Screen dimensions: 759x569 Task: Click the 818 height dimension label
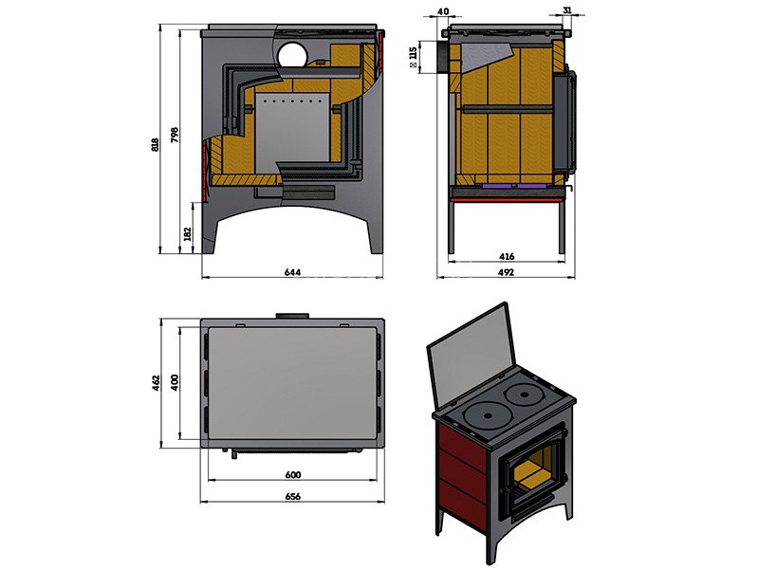pyautogui.click(x=156, y=145)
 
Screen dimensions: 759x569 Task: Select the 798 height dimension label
pyautogui.click(x=175, y=135)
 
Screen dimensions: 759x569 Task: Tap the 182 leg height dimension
pyautogui.click(x=188, y=234)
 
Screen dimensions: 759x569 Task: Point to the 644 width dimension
pyautogui.click(x=292, y=272)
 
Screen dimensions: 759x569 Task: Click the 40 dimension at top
pyautogui.click(x=443, y=11)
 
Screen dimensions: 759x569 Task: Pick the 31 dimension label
pyautogui.click(x=567, y=9)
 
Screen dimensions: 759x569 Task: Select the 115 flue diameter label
pyautogui.click(x=413, y=56)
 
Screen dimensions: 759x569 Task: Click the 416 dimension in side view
pyautogui.click(x=507, y=256)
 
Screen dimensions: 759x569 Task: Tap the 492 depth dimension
pyautogui.click(x=506, y=272)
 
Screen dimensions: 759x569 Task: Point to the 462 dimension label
pyautogui.click(x=156, y=383)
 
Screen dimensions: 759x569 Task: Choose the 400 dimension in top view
pyautogui.click(x=175, y=382)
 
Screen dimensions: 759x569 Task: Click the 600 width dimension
pyautogui.click(x=293, y=475)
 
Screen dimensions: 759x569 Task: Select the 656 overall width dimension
pyautogui.click(x=293, y=496)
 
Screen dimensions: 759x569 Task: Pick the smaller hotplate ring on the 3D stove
pyautogui.click(x=524, y=393)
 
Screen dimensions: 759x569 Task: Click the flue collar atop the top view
pyautogui.click(x=292, y=316)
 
